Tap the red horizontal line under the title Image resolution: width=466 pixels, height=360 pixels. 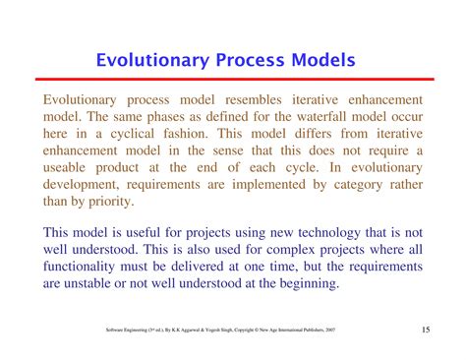pos(233,83)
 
